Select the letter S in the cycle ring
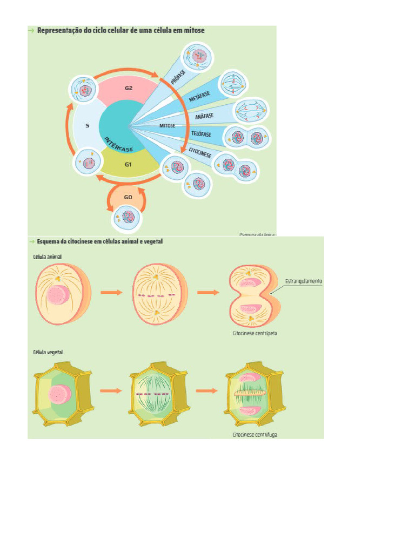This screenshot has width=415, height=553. click(87, 125)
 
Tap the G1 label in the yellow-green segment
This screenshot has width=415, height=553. click(128, 164)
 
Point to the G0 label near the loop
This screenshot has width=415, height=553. click(128, 197)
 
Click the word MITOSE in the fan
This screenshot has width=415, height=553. click(168, 125)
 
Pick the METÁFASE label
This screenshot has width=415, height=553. click(199, 98)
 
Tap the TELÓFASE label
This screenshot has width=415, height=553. click(201, 133)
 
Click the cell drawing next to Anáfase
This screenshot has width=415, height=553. click(250, 111)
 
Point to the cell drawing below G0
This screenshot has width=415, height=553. click(128, 218)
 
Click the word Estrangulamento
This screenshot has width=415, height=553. click(303, 281)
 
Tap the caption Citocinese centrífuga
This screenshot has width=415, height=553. click(255, 434)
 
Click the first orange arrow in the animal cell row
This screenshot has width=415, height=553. click(111, 292)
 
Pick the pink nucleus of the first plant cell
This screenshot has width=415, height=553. click(59, 394)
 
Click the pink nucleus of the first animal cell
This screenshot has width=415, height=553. click(56, 295)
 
